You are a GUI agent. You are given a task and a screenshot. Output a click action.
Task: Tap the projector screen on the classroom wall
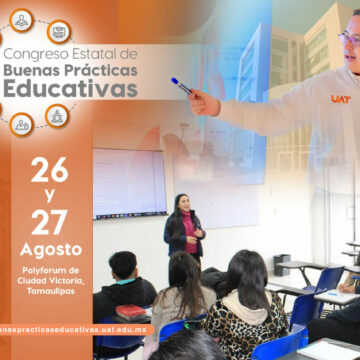[x=129, y=182]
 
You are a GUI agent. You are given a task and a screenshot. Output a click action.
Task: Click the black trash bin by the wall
[x=282, y=264]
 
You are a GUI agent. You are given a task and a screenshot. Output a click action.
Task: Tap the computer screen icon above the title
[x=59, y=30]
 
